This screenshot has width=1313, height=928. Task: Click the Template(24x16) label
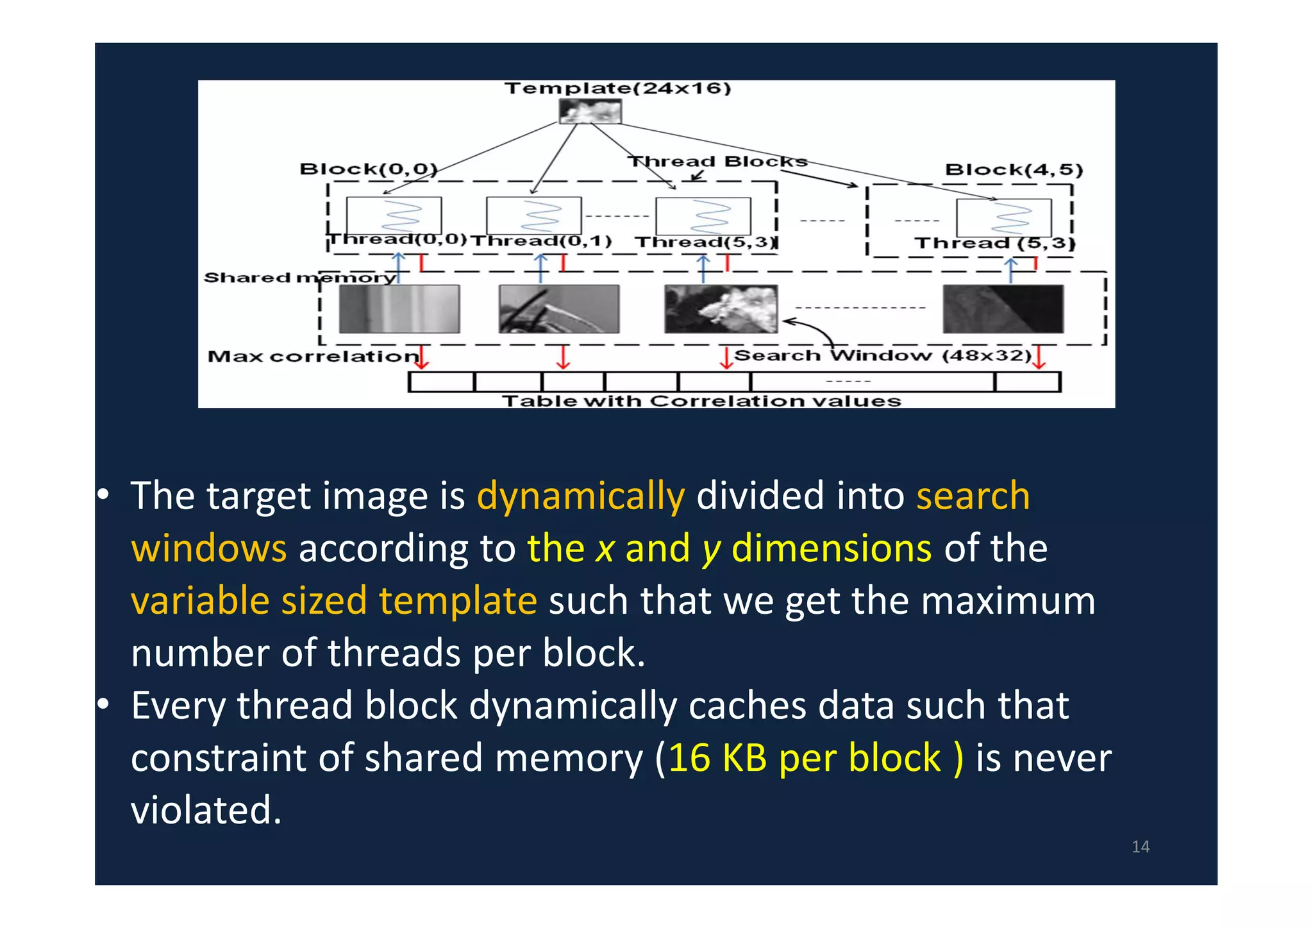(x=617, y=88)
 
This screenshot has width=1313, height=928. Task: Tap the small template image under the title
(x=590, y=112)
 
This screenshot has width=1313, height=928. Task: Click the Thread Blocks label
(x=717, y=161)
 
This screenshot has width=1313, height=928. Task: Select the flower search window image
(x=721, y=309)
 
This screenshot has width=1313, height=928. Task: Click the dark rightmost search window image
(x=1003, y=309)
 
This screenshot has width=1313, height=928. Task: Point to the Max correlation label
(x=313, y=357)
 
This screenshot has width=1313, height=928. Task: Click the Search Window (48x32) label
(x=882, y=355)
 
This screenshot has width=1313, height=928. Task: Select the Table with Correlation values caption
(x=701, y=401)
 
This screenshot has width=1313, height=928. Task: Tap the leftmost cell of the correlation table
(x=441, y=382)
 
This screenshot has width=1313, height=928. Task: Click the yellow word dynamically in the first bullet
(x=581, y=496)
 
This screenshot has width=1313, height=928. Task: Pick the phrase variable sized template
(x=333, y=601)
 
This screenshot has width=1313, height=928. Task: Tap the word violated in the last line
(x=206, y=810)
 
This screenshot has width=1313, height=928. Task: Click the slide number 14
(x=1140, y=847)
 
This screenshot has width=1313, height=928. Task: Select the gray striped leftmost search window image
(x=399, y=309)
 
